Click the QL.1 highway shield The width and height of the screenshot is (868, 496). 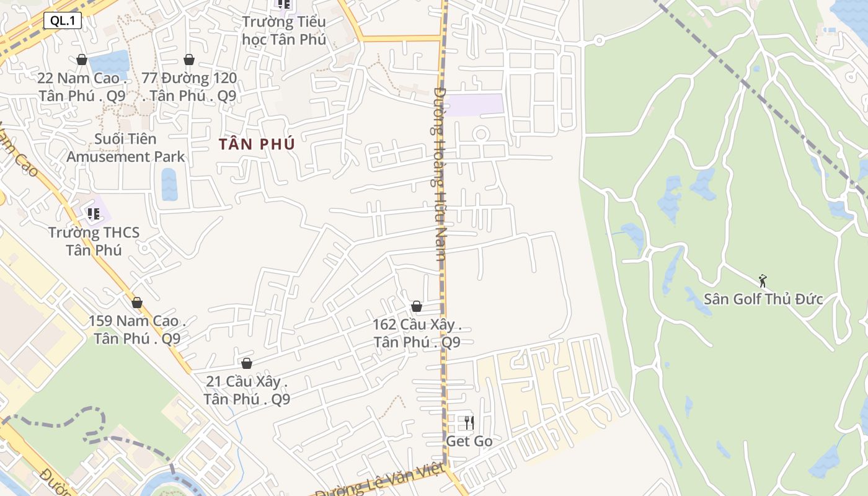tap(62, 20)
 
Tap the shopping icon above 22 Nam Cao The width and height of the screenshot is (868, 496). tap(82, 60)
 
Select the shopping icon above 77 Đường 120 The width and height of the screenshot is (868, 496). tap(189, 60)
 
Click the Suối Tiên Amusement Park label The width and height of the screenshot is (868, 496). tap(125, 148)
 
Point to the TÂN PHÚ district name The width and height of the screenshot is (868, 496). tap(257, 144)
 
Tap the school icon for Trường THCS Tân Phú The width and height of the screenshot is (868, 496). tap(94, 215)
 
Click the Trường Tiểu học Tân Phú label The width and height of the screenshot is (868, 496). tap(284, 31)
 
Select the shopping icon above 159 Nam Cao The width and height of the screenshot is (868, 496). tap(137, 303)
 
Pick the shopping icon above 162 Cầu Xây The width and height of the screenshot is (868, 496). tap(417, 306)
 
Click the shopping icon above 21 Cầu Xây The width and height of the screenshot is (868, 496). tap(247, 363)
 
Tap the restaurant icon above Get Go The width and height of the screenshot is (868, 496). tap(469, 423)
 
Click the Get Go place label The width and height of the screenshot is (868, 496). tap(469, 441)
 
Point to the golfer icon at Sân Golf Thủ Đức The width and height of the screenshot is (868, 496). tap(763, 281)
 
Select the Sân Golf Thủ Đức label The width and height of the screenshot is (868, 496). tap(763, 299)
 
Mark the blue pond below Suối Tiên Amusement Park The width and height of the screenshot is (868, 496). tap(169, 184)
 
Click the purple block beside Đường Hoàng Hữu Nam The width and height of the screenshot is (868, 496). tap(474, 104)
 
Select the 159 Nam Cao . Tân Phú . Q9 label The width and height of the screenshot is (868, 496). tap(137, 330)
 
